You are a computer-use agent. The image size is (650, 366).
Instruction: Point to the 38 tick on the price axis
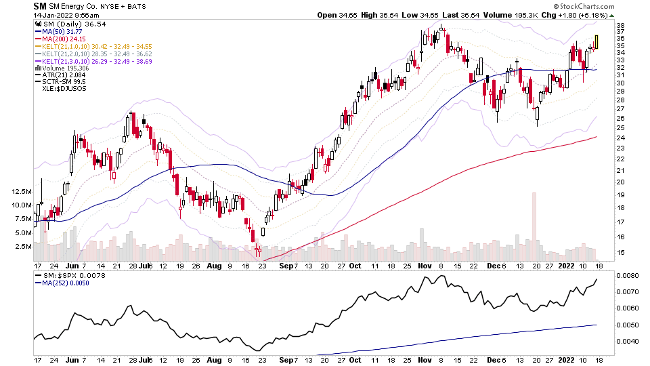point(620,26)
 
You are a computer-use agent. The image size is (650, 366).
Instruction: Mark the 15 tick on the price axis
point(620,252)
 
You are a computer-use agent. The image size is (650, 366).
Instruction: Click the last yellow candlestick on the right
point(597,42)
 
